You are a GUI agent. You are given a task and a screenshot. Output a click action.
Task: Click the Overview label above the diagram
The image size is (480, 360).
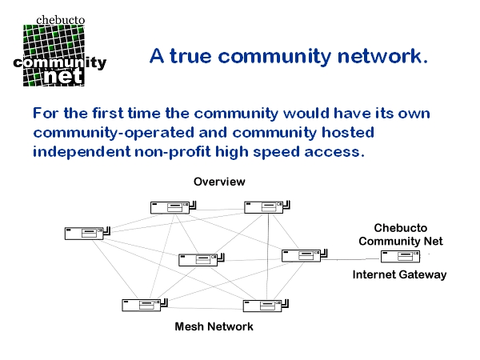(x=219, y=182)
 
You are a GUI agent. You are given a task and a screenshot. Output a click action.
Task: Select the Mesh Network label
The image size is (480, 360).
(x=214, y=326)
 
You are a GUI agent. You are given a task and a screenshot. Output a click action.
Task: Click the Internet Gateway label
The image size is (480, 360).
(x=399, y=274)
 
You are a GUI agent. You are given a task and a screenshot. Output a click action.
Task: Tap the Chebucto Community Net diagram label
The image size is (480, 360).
(x=400, y=235)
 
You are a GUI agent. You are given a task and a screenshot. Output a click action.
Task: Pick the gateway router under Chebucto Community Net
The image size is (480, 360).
(x=401, y=257)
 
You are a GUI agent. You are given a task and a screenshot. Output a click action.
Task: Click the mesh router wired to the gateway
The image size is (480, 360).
(x=301, y=255)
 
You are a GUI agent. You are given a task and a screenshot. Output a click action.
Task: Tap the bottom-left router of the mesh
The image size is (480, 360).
(x=142, y=304)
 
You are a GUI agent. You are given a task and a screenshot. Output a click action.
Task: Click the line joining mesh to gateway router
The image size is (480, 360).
(x=352, y=259)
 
